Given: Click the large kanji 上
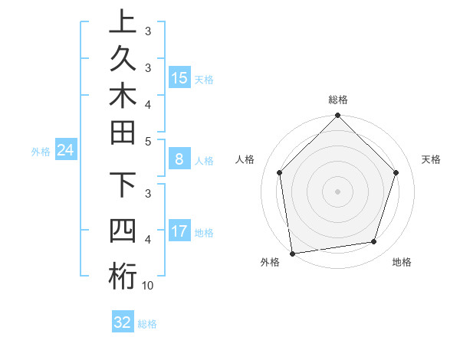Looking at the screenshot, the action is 123,22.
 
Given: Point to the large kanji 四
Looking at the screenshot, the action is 123,231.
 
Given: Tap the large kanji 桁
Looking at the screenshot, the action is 123,276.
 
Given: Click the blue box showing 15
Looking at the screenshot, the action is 179,77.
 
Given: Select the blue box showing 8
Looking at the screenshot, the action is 179,159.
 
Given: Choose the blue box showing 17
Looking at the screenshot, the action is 179,231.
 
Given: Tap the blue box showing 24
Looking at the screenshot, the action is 66,151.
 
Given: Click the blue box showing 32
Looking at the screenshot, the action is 123,322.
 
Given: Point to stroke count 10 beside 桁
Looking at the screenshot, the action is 148,286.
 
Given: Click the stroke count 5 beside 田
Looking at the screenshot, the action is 148,141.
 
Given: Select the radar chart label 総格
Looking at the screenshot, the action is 338,100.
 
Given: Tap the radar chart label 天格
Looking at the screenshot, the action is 431,159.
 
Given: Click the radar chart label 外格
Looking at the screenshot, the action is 270,262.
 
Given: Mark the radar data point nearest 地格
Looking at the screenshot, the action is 374,242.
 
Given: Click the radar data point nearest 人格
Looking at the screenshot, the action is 280,172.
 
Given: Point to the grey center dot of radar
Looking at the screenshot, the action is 338,191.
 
